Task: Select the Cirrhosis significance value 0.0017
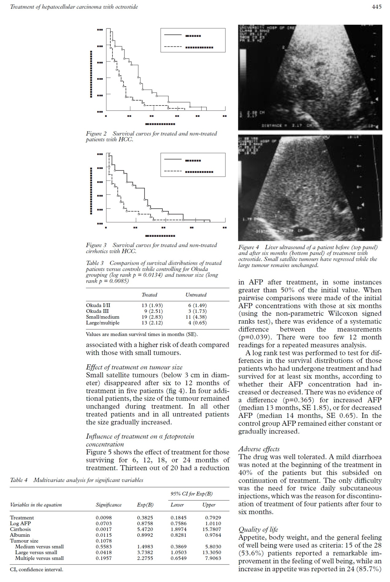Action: tap(104, 529)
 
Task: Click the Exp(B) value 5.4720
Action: tap(145, 529)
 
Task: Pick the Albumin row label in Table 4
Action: tap(20, 535)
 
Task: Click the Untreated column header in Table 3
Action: tap(196, 295)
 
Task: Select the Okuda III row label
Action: tap(97, 311)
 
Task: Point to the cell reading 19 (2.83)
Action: tap(152, 317)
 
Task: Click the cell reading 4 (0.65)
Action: tap(197, 323)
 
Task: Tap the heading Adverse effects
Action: tap(259, 449)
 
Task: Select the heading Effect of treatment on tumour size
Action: tap(134, 367)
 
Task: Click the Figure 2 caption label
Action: tap(96, 134)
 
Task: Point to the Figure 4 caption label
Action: tap(249, 247)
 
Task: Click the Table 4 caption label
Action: tap(19, 480)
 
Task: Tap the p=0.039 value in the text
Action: tap(253, 337)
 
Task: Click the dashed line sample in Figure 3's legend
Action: tap(173, 171)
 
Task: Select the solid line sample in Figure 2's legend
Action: tap(173, 35)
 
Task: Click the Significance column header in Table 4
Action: tap(108, 505)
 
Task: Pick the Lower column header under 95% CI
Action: tap(177, 505)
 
